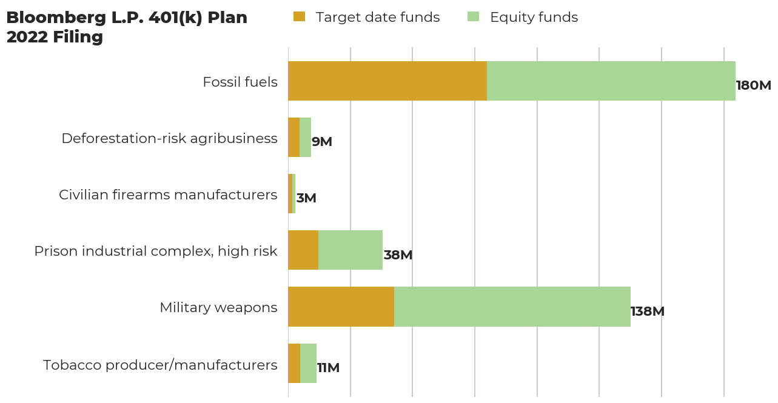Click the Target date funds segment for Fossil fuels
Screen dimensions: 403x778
387,81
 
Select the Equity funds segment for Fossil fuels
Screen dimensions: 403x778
611,81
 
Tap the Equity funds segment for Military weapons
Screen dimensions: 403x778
512,307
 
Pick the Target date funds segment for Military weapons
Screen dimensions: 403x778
341,307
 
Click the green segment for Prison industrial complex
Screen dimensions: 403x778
350,250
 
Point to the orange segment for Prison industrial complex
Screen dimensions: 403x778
303,250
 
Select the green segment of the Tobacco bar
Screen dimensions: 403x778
309,363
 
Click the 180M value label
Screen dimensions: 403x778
753,85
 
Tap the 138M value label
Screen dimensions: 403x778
648,311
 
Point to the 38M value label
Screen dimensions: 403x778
398,255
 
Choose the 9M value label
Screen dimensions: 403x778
322,142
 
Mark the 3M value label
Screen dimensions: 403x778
306,198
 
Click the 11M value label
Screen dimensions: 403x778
328,368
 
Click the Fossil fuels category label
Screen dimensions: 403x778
240,82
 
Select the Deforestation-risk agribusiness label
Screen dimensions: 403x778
169,138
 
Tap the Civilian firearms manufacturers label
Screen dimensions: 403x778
168,195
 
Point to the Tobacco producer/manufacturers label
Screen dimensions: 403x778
160,365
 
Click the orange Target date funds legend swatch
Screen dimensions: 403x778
299,17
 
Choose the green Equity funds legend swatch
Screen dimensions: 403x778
473,17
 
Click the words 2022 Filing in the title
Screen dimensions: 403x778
55,37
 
